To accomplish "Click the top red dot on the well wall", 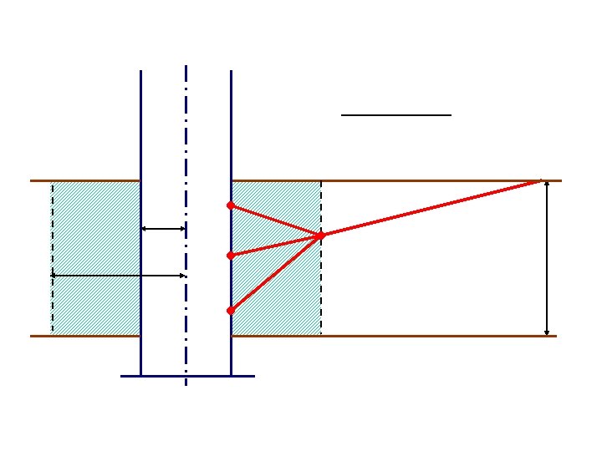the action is click(x=230, y=205).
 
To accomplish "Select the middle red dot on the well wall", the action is click(x=230, y=255).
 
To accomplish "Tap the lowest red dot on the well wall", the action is click(x=230, y=311).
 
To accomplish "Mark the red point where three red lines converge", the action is click(x=321, y=236).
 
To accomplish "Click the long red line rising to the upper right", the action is click(x=435, y=207).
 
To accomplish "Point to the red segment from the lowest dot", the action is click(x=276, y=273).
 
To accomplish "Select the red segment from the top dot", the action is click(x=276, y=220).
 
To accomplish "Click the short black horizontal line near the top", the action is click(x=396, y=114).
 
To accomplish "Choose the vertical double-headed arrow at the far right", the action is click(x=547, y=259).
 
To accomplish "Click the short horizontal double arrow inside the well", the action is click(x=163, y=228).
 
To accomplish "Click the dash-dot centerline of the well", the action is click(x=186, y=134).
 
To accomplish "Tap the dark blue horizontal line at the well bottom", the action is click(x=187, y=376).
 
